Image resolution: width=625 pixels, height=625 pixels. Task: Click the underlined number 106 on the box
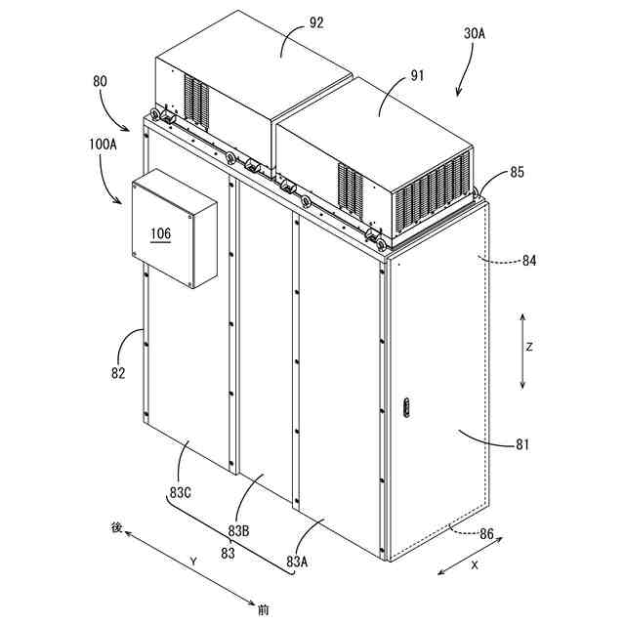click(x=159, y=233)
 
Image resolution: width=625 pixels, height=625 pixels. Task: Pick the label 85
click(x=517, y=174)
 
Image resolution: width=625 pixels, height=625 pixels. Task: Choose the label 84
click(x=529, y=261)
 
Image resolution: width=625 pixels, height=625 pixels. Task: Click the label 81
click(x=522, y=445)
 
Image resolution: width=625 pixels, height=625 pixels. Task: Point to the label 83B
click(x=240, y=530)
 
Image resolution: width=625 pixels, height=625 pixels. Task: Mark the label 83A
click(x=299, y=562)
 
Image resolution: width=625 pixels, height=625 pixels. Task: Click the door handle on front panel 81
click(x=408, y=408)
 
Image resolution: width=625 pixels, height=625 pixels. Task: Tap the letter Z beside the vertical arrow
click(x=528, y=347)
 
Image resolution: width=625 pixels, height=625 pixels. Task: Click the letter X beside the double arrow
click(x=475, y=564)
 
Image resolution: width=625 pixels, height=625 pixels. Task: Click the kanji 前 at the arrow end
click(x=263, y=611)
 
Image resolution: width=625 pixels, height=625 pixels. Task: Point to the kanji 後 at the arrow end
click(x=116, y=527)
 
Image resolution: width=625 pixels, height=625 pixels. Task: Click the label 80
click(x=100, y=83)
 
